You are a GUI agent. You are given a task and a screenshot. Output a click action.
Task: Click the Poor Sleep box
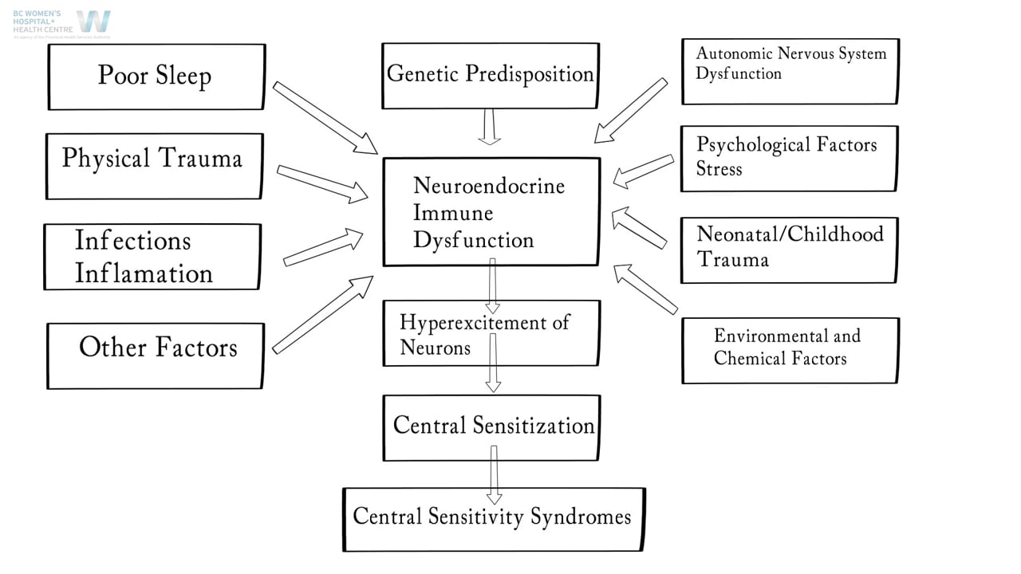[x=156, y=77]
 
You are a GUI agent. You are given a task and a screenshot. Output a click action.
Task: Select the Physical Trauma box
[x=154, y=166]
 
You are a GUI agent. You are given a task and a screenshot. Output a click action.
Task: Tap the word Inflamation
[x=144, y=273]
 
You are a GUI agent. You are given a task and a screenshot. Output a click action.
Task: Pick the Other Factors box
[x=156, y=356]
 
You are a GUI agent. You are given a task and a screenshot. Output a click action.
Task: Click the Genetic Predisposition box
[x=490, y=76]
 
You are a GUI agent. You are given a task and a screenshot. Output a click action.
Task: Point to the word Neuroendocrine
[x=488, y=186]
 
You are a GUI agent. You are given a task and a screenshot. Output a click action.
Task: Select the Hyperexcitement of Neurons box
[x=491, y=333]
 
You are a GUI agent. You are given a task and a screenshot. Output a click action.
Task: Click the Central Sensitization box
[x=491, y=427]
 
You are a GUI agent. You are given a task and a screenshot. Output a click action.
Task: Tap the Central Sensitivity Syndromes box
[x=493, y=519]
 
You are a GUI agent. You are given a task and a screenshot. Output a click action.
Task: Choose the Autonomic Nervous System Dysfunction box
[x=790, y=71]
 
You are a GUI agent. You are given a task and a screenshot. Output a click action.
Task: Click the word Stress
[x=719, y=169]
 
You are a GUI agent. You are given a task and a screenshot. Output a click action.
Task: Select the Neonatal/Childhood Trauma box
[x=789, y=250]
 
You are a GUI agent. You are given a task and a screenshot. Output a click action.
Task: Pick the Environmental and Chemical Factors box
[x=790, y=350]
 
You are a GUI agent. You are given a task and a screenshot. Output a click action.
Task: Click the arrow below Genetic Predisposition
[x=490, y=127]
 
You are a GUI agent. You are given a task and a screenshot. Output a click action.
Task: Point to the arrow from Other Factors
[x=323, y=314]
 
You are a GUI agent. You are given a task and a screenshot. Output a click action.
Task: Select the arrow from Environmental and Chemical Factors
[x=645, y=289]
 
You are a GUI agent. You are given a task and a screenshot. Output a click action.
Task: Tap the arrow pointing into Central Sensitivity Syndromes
[x=494, y=474]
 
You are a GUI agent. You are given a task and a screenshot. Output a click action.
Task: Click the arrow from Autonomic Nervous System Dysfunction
[x=630, y=110]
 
